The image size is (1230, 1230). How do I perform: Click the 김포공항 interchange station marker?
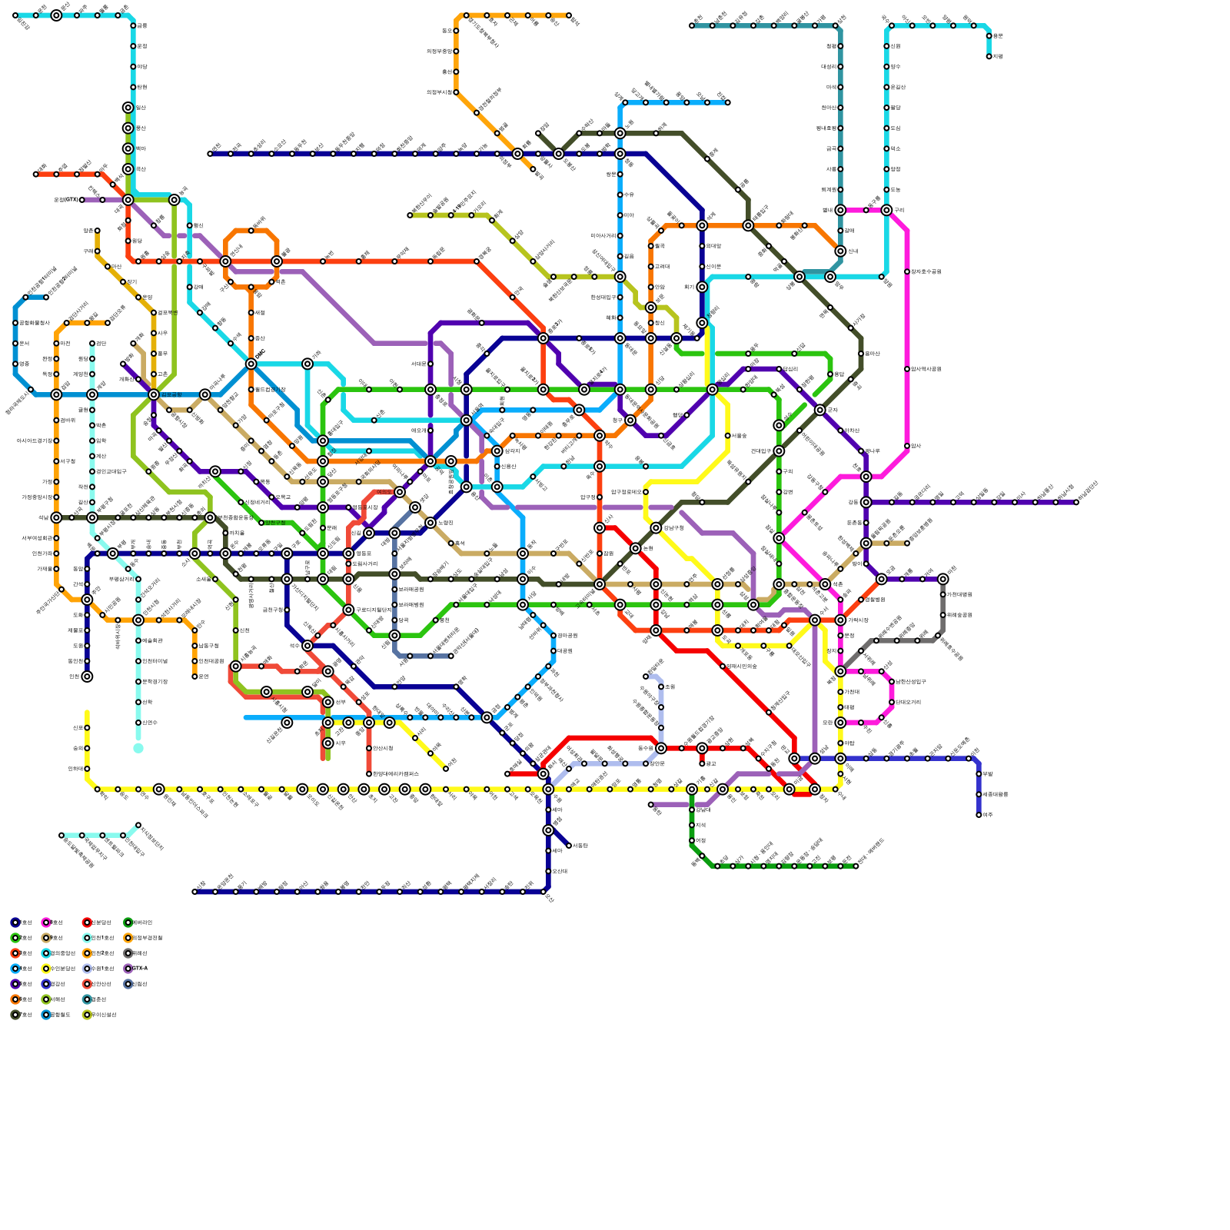pos(154,394)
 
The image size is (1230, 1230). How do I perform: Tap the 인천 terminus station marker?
pos(87,676)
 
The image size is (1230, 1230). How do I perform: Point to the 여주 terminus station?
pos(979,814)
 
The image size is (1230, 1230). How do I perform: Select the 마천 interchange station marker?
pos(943,579)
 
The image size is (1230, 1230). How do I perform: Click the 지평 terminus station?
pos(989,56)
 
